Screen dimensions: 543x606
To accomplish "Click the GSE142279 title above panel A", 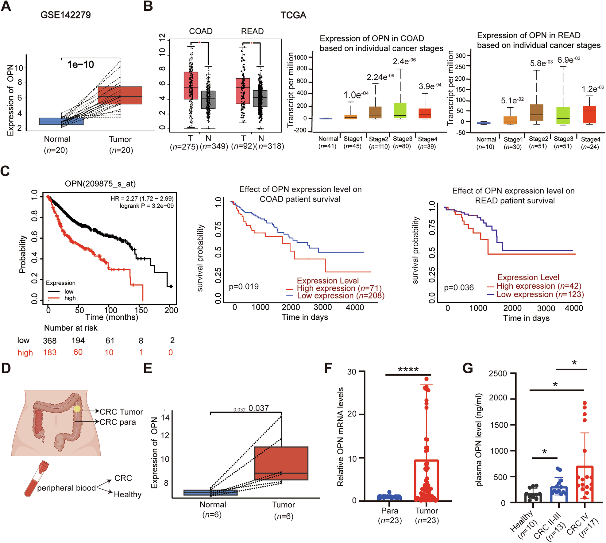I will (x=65, y=15).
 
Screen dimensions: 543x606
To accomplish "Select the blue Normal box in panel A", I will (x=61, y=121).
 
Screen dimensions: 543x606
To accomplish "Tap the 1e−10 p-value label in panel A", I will (x=81, y=64).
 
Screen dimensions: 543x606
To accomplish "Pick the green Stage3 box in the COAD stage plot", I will (x=400, y=110).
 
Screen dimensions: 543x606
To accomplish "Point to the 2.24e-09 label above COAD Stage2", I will (x=380, y=77).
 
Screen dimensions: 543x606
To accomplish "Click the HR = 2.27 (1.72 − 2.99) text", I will (x=142, y=198).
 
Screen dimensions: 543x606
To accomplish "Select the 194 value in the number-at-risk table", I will (x=78, y=340).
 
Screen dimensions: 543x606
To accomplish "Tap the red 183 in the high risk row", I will (x=50, y=352).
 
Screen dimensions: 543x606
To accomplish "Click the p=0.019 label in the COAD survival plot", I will (x=244, y=287).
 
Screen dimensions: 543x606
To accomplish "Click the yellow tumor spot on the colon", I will (x=77, y=409).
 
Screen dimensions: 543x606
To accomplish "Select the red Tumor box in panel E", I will (x=281, y=463).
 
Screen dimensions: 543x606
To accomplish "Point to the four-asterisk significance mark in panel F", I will (x=408, y=370).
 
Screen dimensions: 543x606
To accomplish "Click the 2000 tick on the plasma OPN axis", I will (x=498, y=398).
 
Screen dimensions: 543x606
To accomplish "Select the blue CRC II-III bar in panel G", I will (x=559, y=494).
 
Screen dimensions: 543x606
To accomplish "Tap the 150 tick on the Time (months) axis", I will (x=141, y=310).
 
